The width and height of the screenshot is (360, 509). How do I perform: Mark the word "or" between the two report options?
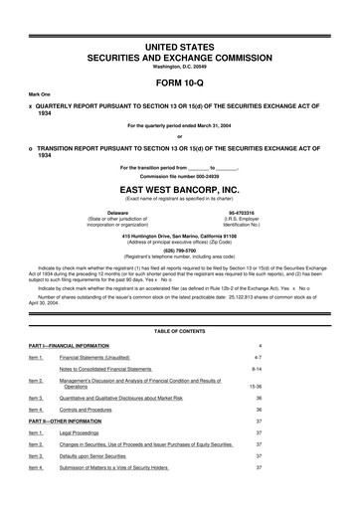179,136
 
